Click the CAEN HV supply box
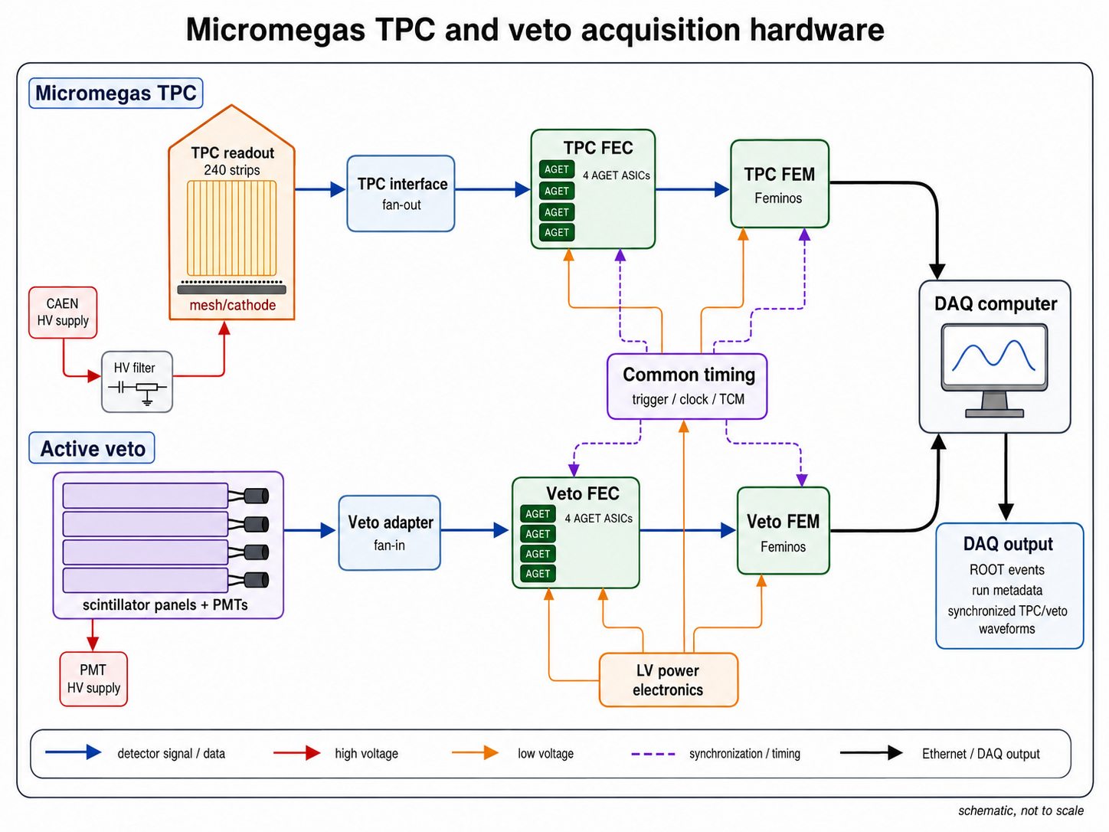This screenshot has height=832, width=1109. [x=63, y=312]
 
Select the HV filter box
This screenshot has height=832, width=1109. [x=137, y=382]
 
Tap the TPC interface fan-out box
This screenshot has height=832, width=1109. [x=401, y=194]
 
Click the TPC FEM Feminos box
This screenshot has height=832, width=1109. [x=780, y=184]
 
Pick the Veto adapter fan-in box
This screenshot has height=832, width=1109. [x=390, y=533]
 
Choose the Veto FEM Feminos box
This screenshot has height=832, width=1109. [x=783, y=531]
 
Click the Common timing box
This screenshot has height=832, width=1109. [x=687, y=386]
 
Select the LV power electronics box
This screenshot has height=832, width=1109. [x=669, y=680]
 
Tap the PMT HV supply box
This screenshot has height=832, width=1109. [x=93, y=679]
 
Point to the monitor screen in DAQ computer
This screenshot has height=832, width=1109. [x=994, y=357]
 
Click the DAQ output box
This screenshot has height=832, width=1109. [x=1009, y=586]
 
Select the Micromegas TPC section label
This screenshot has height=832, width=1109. [x=116, y=93]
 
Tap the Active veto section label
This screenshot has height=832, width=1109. [x=92, y=448]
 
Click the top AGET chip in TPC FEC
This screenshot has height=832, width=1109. [x=556, y=169]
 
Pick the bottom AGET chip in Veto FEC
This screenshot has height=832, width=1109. [x=538, y=574]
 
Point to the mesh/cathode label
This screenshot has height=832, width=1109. [x=232, y=305]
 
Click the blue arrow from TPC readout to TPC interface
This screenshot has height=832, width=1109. [x=320, y=189]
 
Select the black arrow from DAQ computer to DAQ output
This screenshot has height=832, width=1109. [x=1006, y=477]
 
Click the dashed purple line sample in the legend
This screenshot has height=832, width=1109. [x=653, y=754]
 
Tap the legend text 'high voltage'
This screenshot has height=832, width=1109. [x=366, y=754]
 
